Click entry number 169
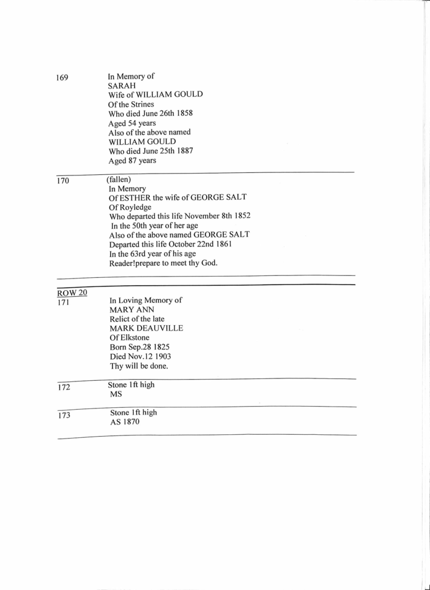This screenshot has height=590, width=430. pyautogui.click(x=61, y=78)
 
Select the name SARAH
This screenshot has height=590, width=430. pyautogui.click(x=122, y=86)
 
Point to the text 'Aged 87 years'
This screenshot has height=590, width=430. pyautogui.click(x=132, y=161)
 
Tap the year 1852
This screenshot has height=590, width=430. pyautogui.click(x=240, y=216)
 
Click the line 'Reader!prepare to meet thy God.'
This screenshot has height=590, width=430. pyautogui.click(x=163, y=264)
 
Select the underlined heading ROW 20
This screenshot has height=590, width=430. pyautogui.click(x=72, y=293)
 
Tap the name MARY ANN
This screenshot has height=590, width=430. pyautogui.click(x=127, y=310)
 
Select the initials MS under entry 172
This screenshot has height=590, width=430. pyautogui.click(x=115, y=394)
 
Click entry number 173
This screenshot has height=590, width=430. pyautogui.click(x=64, y=416)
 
